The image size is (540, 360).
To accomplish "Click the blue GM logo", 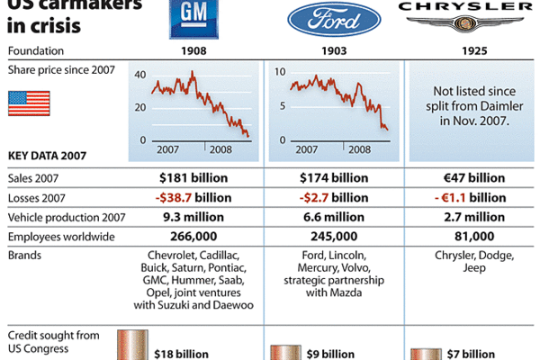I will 194,19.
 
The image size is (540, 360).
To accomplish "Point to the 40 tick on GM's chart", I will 139,75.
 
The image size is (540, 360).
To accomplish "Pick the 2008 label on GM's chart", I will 220,148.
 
